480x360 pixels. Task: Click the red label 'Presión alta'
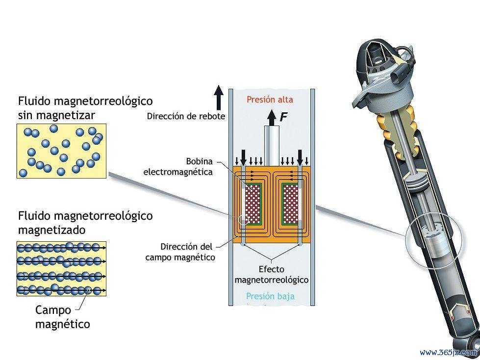270,100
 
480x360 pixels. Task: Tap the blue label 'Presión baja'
270,296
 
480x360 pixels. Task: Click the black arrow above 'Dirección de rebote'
219,98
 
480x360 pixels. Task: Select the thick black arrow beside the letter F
272,118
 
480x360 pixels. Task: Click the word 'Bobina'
199,161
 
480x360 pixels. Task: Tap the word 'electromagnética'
178,172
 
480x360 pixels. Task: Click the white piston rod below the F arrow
272,146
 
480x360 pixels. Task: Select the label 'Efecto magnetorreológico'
272,275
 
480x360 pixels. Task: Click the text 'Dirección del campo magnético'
180,252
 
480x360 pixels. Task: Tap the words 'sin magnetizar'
56,115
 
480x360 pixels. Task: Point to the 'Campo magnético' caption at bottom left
63,317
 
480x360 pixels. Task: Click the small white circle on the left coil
243,220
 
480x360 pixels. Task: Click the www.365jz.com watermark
450,352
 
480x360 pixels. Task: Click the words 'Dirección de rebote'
186,116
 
